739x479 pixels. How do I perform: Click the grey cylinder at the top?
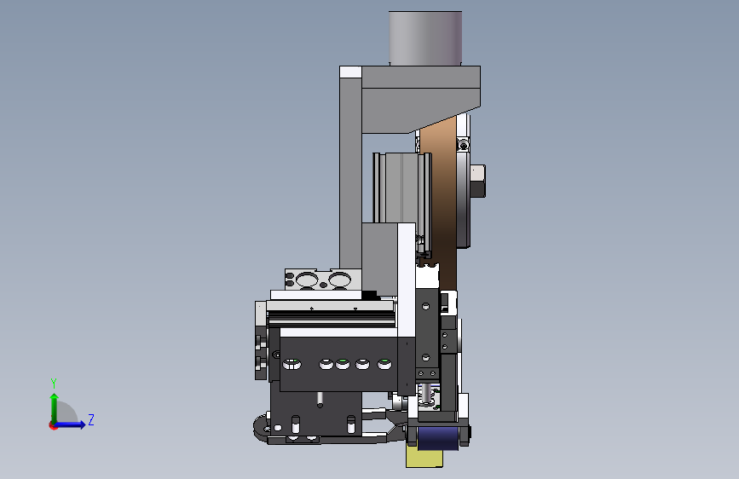[425, 38]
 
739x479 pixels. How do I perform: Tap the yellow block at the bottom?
[424, 458]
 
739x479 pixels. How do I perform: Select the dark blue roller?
[438, 438]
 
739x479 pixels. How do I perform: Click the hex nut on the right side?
[478, 181]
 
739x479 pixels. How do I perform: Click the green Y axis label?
[54, 383]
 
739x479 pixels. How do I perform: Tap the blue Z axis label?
[91, 419]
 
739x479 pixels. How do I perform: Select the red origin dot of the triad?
[53, 425]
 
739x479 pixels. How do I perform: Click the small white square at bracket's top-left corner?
[350, 72]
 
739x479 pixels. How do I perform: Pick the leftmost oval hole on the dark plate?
[292, 363]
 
